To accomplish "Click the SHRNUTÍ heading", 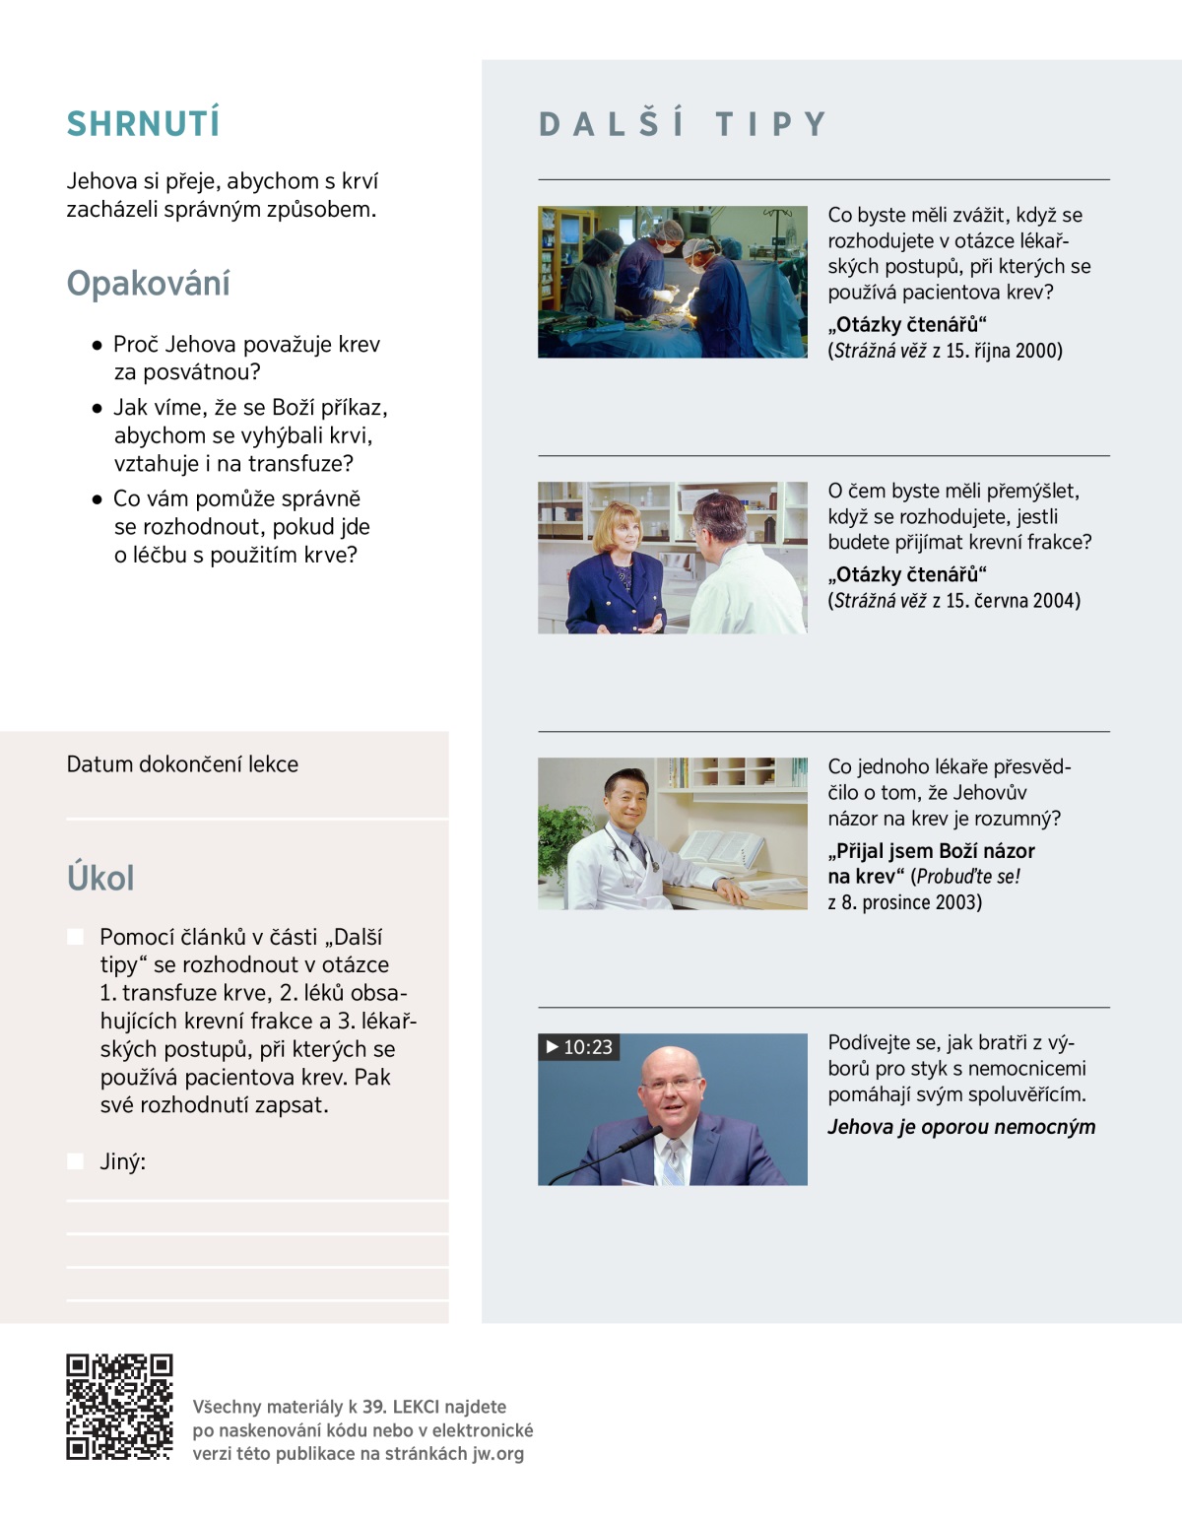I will click(143, 123).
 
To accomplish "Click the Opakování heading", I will click(148, 284).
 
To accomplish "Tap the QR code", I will click(119, 1407).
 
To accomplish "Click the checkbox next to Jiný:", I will click(75, 1161).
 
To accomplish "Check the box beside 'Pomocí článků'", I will click(75, 937).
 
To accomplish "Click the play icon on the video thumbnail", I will click(552, 1046).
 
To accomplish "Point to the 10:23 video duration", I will click(588, 1047).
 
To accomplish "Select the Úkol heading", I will click(100, 878).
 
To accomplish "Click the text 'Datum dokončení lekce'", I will click(182, 764).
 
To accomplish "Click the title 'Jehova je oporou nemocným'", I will click(961, 1127).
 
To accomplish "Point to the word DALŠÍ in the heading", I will click(612, 124).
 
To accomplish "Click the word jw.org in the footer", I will click(497, 1453).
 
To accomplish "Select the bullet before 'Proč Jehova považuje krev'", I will click(97, 346).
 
